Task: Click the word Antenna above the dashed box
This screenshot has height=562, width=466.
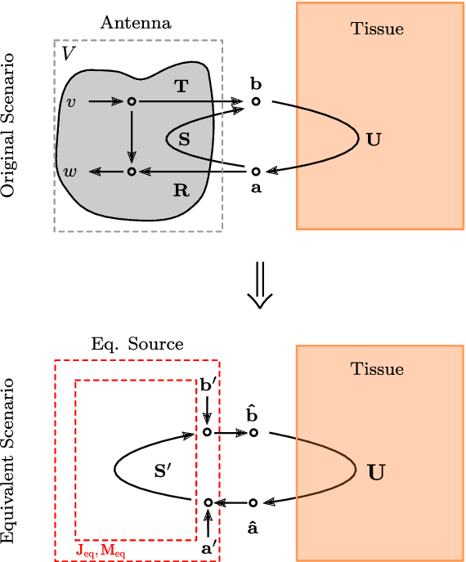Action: coord(136,23)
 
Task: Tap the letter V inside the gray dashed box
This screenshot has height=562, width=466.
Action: coord(69,54)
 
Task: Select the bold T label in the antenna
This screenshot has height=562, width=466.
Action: coord(181,86)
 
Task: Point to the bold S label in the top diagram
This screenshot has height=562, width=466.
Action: coord(184,140)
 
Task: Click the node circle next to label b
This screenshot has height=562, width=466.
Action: coord(256,101)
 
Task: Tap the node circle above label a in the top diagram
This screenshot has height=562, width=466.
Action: coord(256,172)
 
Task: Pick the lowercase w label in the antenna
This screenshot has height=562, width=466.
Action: coord(71,172)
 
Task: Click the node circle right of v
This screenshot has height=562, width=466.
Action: coord(131,101)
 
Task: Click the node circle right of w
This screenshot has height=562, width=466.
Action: coord(131,172)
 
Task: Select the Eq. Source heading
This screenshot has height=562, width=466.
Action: coord(137,344)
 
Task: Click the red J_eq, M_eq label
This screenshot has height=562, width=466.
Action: coord(101,551)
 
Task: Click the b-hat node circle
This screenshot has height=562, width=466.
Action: coord(253,432)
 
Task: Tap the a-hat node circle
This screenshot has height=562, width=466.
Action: coord(253,502)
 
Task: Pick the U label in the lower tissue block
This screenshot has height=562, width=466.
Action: coord(377,472)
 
